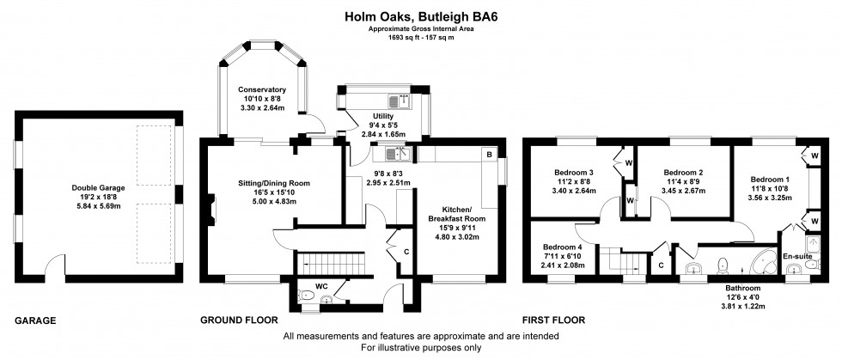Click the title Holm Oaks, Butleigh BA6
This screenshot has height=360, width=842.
coord(420,14)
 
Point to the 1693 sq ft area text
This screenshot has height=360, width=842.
coord(420,38)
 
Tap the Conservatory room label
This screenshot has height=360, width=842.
coord(261,90)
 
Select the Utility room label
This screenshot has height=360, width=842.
coord(382,115)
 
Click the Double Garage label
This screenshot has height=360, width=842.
coord(99,186)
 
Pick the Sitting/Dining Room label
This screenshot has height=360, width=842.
coord(273,183)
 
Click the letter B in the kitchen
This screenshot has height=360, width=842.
coord(489,155)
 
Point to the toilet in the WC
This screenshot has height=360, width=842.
coord(308,296)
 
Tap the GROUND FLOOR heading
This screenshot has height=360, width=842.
coord(240,320)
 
